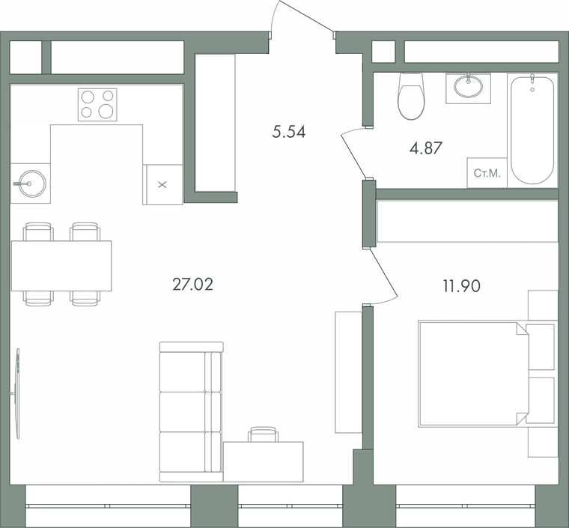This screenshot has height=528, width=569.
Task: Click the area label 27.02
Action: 192,285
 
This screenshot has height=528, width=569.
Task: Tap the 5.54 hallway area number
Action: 289,132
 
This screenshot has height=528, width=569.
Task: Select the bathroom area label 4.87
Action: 426,148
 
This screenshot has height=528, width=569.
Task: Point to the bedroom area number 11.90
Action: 461,286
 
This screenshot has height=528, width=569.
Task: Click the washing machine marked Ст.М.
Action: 487,173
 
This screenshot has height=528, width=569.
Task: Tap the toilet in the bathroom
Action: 411,96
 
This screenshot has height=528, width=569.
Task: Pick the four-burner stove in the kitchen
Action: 97,105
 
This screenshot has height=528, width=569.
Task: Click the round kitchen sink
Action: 31,183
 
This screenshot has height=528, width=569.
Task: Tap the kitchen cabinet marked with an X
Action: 162,185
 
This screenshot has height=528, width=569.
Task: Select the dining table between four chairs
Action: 61,266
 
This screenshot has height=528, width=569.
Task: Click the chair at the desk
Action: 263,434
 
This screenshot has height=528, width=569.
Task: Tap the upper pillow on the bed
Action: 541,347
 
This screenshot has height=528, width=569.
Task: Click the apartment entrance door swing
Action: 304,17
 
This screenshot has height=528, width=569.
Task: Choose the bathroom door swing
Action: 354,153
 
